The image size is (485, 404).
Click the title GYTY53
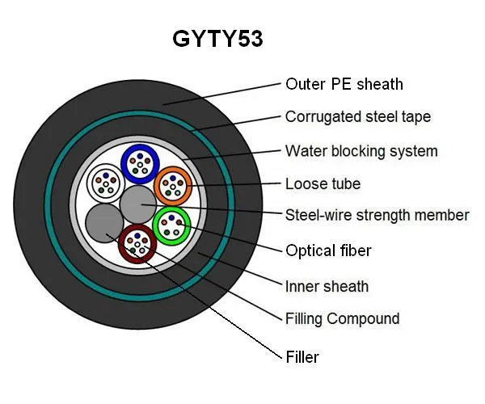[x=217, y=39]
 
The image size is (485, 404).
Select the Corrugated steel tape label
[x=357, y=117]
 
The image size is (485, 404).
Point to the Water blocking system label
[x=361, y=151]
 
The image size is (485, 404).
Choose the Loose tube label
[x=323, y=183]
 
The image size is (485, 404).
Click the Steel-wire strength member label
[x=377, y=215]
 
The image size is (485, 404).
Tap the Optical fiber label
[x=328, y=250]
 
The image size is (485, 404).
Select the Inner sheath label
[x=327, y=286]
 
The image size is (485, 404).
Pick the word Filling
[x=305, y=318]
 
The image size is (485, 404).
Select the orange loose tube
[x=171, y=186]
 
